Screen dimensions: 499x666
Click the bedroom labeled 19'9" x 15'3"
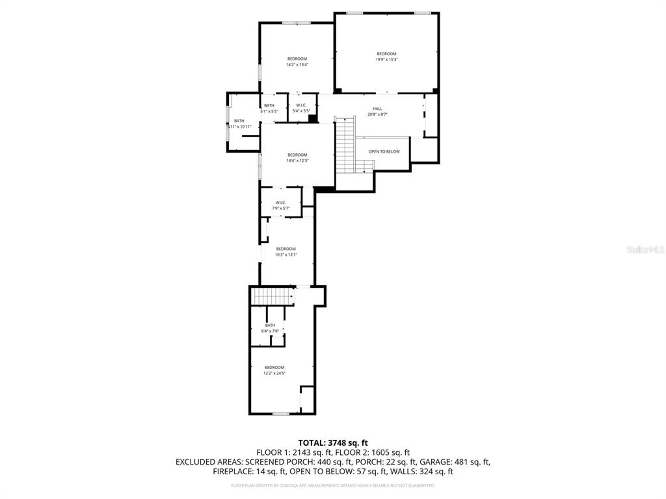tap(386, 57)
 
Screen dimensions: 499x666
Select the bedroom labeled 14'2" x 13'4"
tap(297, 62)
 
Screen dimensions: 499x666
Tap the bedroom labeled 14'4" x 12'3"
tap(297, 157)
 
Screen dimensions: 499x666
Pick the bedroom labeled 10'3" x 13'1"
tap(286, 251)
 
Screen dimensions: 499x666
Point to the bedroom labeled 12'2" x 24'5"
tap(274, 370)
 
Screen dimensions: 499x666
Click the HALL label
tap(377, 111)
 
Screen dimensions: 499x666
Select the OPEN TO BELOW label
tap(384, 151)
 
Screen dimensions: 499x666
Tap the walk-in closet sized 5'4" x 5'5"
tap(302, 108)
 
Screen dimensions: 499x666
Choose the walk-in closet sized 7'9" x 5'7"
tap(281, 205)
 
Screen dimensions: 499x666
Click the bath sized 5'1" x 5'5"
tap(269, 109)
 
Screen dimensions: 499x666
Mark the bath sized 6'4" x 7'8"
tap(270, 328)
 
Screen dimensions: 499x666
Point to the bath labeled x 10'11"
tap(239, 123)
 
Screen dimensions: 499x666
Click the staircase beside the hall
tap(345, 145)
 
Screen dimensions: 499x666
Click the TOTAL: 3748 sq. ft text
tap(332, 442)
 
